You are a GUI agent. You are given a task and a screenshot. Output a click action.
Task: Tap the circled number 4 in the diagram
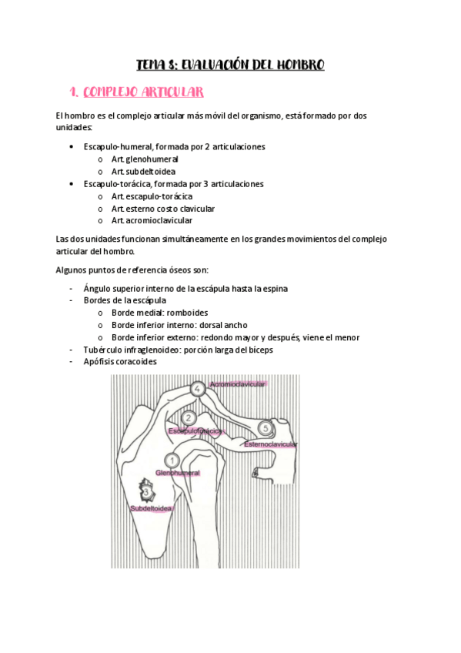click(x=198, y=390)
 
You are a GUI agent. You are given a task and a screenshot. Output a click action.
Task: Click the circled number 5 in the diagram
click(x=266, y=427)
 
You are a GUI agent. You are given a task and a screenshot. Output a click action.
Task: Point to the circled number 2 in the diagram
click(x=189, y=417)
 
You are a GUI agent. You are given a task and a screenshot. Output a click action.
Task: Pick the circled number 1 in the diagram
click(x=173, y=460)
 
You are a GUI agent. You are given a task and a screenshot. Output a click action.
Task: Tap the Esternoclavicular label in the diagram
click(x=271, y=444)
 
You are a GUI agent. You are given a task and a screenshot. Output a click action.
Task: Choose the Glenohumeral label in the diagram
click(x=178, y=472)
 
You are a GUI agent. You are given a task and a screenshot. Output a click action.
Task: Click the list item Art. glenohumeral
click(x=145, y=159)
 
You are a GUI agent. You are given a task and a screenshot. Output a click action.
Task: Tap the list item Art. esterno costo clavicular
click(x=163, y=209)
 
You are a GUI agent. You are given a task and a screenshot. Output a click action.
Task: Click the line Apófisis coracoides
click(x=120, y=361)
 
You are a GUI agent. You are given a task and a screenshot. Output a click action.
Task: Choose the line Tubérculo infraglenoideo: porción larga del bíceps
click(x=179, y=350)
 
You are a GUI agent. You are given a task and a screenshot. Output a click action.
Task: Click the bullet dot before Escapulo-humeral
click(x=71, y=147)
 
